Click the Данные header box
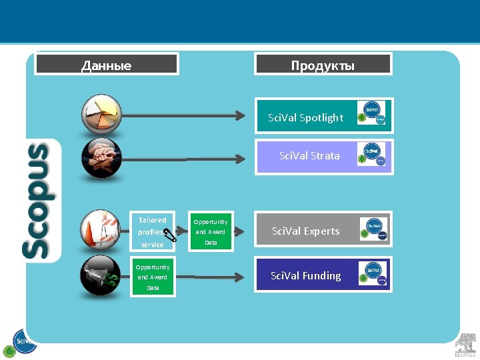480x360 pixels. click(x=107, y=65)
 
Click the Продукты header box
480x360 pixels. click(x=323, y=65)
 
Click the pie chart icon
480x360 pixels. click(x=101, y=114)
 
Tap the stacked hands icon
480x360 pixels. click(x=101, y=158)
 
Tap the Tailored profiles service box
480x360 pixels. click(x=152, y=232)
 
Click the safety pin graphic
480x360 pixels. click(x=171, y=232)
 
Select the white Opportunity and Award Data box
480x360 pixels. click(x=211, y=232)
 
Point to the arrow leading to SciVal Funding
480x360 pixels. click(x=213, y=275)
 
